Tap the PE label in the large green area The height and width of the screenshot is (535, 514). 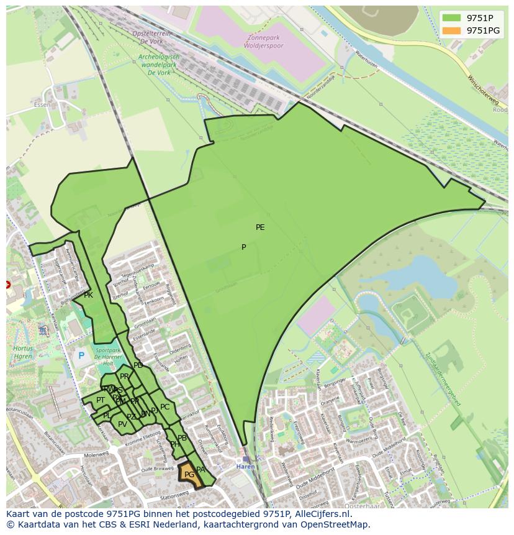point(260,227)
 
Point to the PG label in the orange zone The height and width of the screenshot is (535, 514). point(189,475)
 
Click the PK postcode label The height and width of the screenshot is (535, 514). point(88,295)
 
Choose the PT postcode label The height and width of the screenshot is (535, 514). point(101,400)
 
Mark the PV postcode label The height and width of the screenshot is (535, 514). point(122,424)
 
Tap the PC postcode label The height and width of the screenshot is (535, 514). point(165,407)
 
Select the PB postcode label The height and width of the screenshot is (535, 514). point(182,438)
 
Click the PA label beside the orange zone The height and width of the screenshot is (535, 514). point(201,470)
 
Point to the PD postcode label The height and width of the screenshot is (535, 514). point(138,365)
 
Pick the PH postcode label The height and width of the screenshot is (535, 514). point(175,444)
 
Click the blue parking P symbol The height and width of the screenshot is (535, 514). point(81,356)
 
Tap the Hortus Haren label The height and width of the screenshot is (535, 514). point(23,352)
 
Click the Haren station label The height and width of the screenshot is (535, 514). point(245,466)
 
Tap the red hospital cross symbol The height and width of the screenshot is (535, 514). point(7,285)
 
